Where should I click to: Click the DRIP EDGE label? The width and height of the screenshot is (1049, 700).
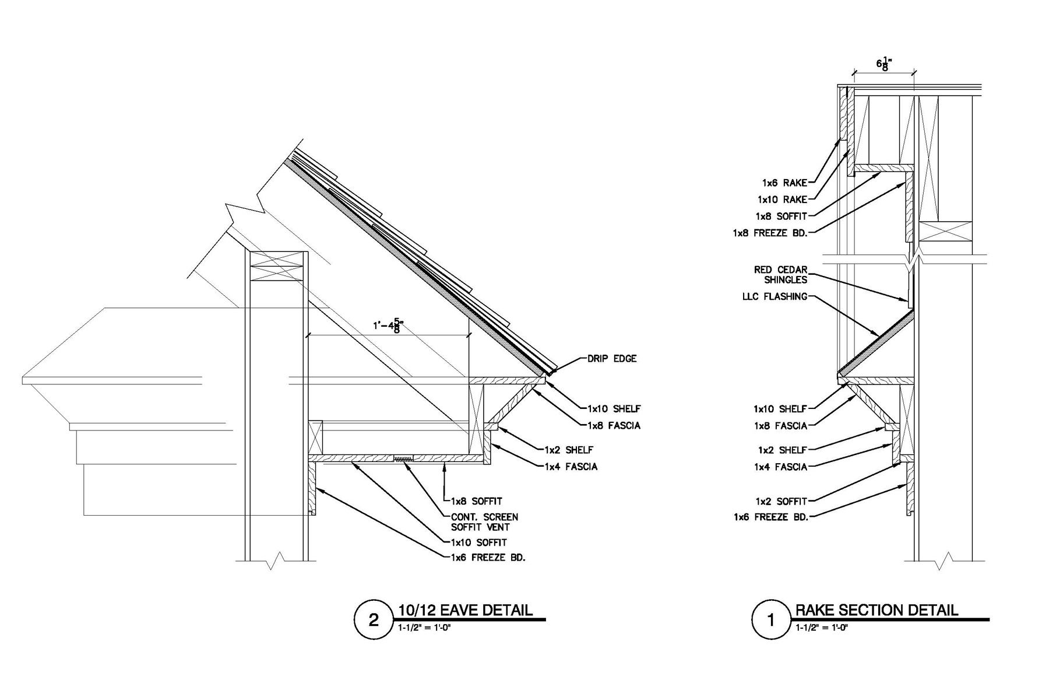612,359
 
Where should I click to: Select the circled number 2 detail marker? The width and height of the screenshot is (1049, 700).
374,619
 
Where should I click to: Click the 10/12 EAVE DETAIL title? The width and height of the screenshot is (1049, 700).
465,610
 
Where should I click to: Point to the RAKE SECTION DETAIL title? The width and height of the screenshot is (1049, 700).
876,610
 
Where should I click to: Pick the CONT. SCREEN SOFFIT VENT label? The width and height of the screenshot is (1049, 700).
484,522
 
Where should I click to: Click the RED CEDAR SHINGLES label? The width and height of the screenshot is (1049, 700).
781,275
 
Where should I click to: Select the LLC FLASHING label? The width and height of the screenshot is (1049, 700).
775,296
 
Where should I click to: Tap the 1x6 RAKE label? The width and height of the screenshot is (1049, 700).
784,183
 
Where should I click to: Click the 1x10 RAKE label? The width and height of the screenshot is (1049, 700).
782,199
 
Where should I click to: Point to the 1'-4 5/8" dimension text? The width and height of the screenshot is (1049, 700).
388,325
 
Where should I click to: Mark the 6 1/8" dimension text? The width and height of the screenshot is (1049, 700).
884,64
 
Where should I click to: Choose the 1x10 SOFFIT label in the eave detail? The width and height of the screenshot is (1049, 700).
479,542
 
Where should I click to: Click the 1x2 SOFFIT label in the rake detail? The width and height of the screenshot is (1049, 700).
782,501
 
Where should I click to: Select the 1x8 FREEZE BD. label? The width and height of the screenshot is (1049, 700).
770,233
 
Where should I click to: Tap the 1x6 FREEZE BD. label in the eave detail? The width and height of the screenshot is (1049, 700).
488,558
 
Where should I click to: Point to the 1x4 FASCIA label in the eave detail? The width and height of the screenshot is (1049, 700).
571,467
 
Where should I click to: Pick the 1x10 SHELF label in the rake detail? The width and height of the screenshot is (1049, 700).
780,409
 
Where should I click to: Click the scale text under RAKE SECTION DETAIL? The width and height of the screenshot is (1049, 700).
822,628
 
